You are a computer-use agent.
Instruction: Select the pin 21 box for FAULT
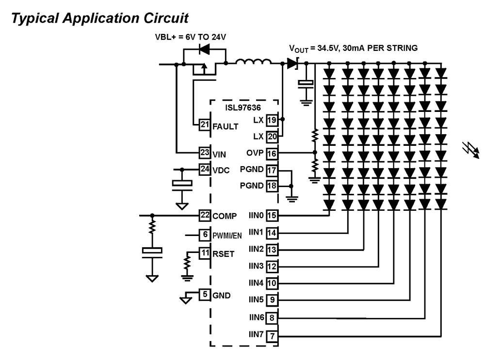pos(204,125)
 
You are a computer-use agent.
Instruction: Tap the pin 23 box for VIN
pos(204,152)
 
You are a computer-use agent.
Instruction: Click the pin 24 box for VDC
pos(204,169)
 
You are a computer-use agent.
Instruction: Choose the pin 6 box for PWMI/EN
pos(204,235)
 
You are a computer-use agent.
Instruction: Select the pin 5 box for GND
pos(204,294)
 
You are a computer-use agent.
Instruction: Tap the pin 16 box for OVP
pos(272,153)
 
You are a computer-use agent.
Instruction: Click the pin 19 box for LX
pos(272,119)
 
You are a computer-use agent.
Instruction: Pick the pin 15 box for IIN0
pos(272,215)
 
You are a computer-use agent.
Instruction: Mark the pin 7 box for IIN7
pos(272,335)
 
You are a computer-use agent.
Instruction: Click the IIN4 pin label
pos(256,282)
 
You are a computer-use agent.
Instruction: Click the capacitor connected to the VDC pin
pos(182,184)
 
